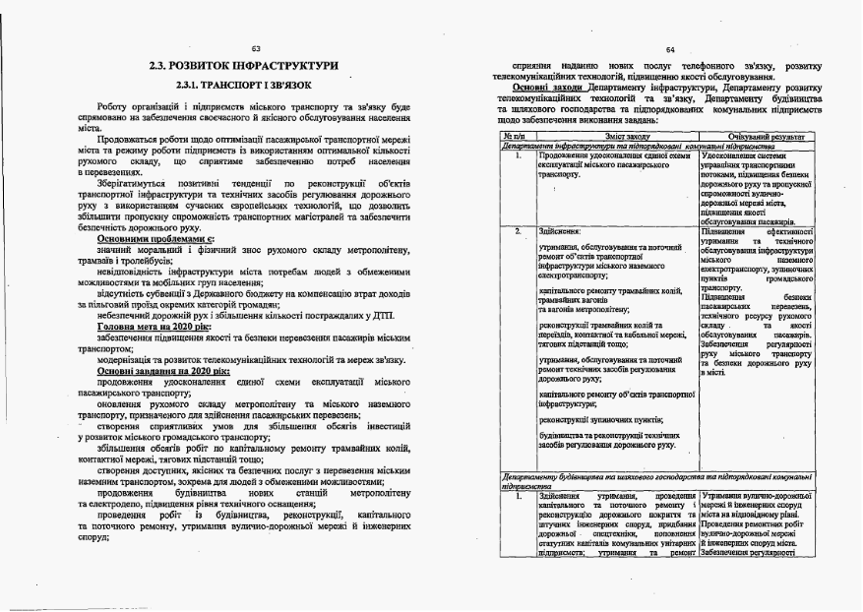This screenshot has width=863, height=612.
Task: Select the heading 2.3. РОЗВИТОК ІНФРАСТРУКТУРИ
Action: click(243, 66)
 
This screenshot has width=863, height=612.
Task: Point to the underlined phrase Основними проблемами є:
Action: click(154, 239)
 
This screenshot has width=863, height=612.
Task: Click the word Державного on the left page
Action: click(229, 294)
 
